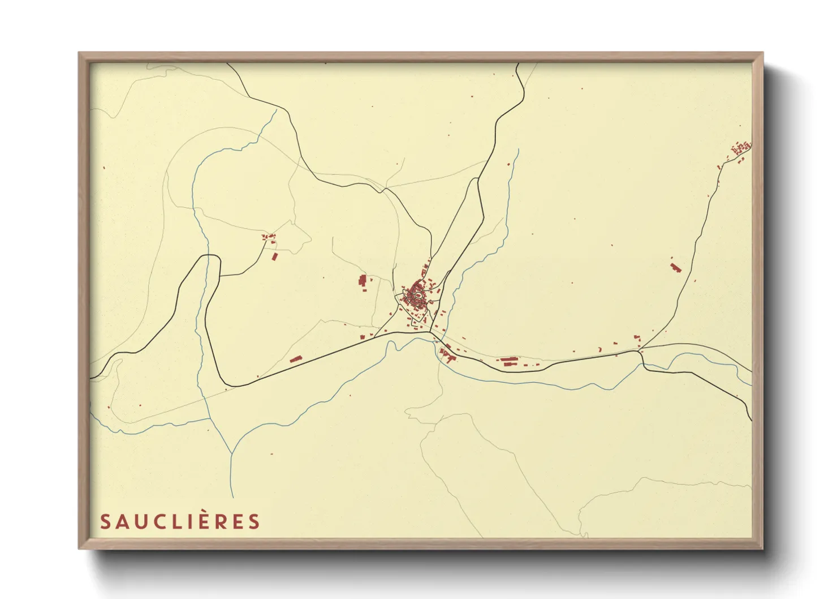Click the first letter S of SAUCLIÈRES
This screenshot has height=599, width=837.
(105, 521)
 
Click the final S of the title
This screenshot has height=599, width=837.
(254, 521)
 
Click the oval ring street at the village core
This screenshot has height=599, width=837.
(417, 294)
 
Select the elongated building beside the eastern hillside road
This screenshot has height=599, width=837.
(675, 267)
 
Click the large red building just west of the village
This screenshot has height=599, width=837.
(363, 280)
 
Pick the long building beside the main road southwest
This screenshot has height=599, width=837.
(295, 358)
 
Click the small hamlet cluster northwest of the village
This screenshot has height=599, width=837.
(268, 237)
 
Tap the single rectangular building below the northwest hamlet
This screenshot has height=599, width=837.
(275, 256)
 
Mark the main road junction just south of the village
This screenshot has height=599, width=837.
(431, 332)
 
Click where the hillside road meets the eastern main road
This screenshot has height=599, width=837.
(639, 351)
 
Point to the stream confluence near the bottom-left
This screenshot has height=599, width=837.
(232, 453)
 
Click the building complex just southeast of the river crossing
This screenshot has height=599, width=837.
(447, 355)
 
